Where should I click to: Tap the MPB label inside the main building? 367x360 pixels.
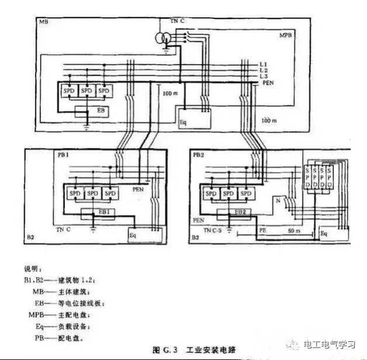(x=287, y=36)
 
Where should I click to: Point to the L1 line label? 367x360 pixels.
(x=263, y=64)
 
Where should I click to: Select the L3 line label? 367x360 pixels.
(x=263, y=77)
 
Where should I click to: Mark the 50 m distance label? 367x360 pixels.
(x=293, y=232)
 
